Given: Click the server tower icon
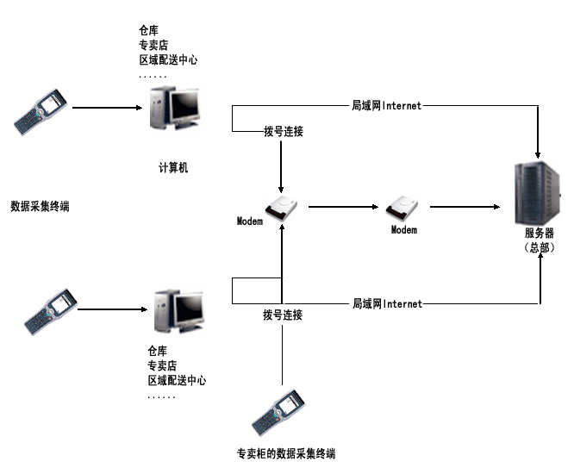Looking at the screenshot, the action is (538, 193).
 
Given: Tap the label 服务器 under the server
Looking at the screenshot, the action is (540, 233).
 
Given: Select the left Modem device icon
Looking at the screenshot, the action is (281, 208).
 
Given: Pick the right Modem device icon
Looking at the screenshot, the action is (402, 208).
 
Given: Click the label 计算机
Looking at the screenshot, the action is (173, 168).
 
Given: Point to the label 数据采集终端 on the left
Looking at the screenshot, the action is (40, 206).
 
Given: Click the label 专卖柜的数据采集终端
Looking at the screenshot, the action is (286, 453).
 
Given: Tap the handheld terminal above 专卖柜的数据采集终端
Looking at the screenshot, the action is (278, 412).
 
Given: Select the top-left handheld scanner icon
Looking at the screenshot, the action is (41, 112).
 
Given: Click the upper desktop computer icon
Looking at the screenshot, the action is (175, 108).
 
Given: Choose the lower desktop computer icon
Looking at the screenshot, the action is (179, 311).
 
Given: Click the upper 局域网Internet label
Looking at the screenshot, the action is (387, 105).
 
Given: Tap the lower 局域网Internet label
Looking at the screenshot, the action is (387, 303).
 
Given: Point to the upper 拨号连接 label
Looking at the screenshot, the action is (284, 131).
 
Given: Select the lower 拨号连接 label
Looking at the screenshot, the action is (283, 315).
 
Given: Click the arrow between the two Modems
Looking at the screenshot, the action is (343, 207).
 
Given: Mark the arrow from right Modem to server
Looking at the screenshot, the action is (465, 207).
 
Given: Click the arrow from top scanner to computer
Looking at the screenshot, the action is (107, 108).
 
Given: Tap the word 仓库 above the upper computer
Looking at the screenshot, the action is (148, 30).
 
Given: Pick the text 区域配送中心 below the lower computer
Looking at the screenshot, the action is (177, 380).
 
